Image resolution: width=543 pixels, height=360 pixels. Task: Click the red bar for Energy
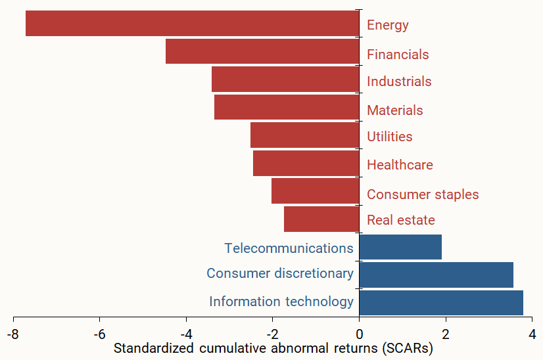pyautogui.click(x=192, y=24)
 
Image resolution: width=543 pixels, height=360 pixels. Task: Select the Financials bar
pyautogui.click(x=262, y=51)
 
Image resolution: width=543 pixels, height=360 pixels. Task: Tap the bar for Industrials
pyautogui.click(x=285, y=79)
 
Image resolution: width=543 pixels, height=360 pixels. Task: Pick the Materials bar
pyautogui.click(x=287, y=107)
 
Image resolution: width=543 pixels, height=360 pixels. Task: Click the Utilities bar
pyautogui.click(x=304, y=135)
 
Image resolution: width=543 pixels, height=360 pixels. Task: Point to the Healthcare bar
pyautogui.click(x=306, y=164)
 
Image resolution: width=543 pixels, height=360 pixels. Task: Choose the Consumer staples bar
pyautogui.click(x=315, y=191)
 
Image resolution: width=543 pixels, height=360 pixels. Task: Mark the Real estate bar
pyautogui.click(x=321, y=219)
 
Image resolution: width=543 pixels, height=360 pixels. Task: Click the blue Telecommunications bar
pyautogui.click(x=400, y=247)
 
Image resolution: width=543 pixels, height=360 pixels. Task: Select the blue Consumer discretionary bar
pyautogui.click(x=436, y=275)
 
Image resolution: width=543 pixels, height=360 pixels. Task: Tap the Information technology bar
pyautogui.click(x=441, y=303)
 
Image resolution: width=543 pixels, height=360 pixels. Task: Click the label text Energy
pyautogui.click(x=387, y=26)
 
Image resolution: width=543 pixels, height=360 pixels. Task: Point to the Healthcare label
pyautogui.click(x=400, y=165)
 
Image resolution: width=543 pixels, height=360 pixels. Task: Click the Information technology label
pyautogui.click(x=281, y=302)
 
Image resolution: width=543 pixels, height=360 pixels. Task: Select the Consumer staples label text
pyautogui.click(x=423, y=194)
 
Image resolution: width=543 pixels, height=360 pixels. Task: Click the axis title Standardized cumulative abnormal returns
pyautogui.click(x=273, y=348)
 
